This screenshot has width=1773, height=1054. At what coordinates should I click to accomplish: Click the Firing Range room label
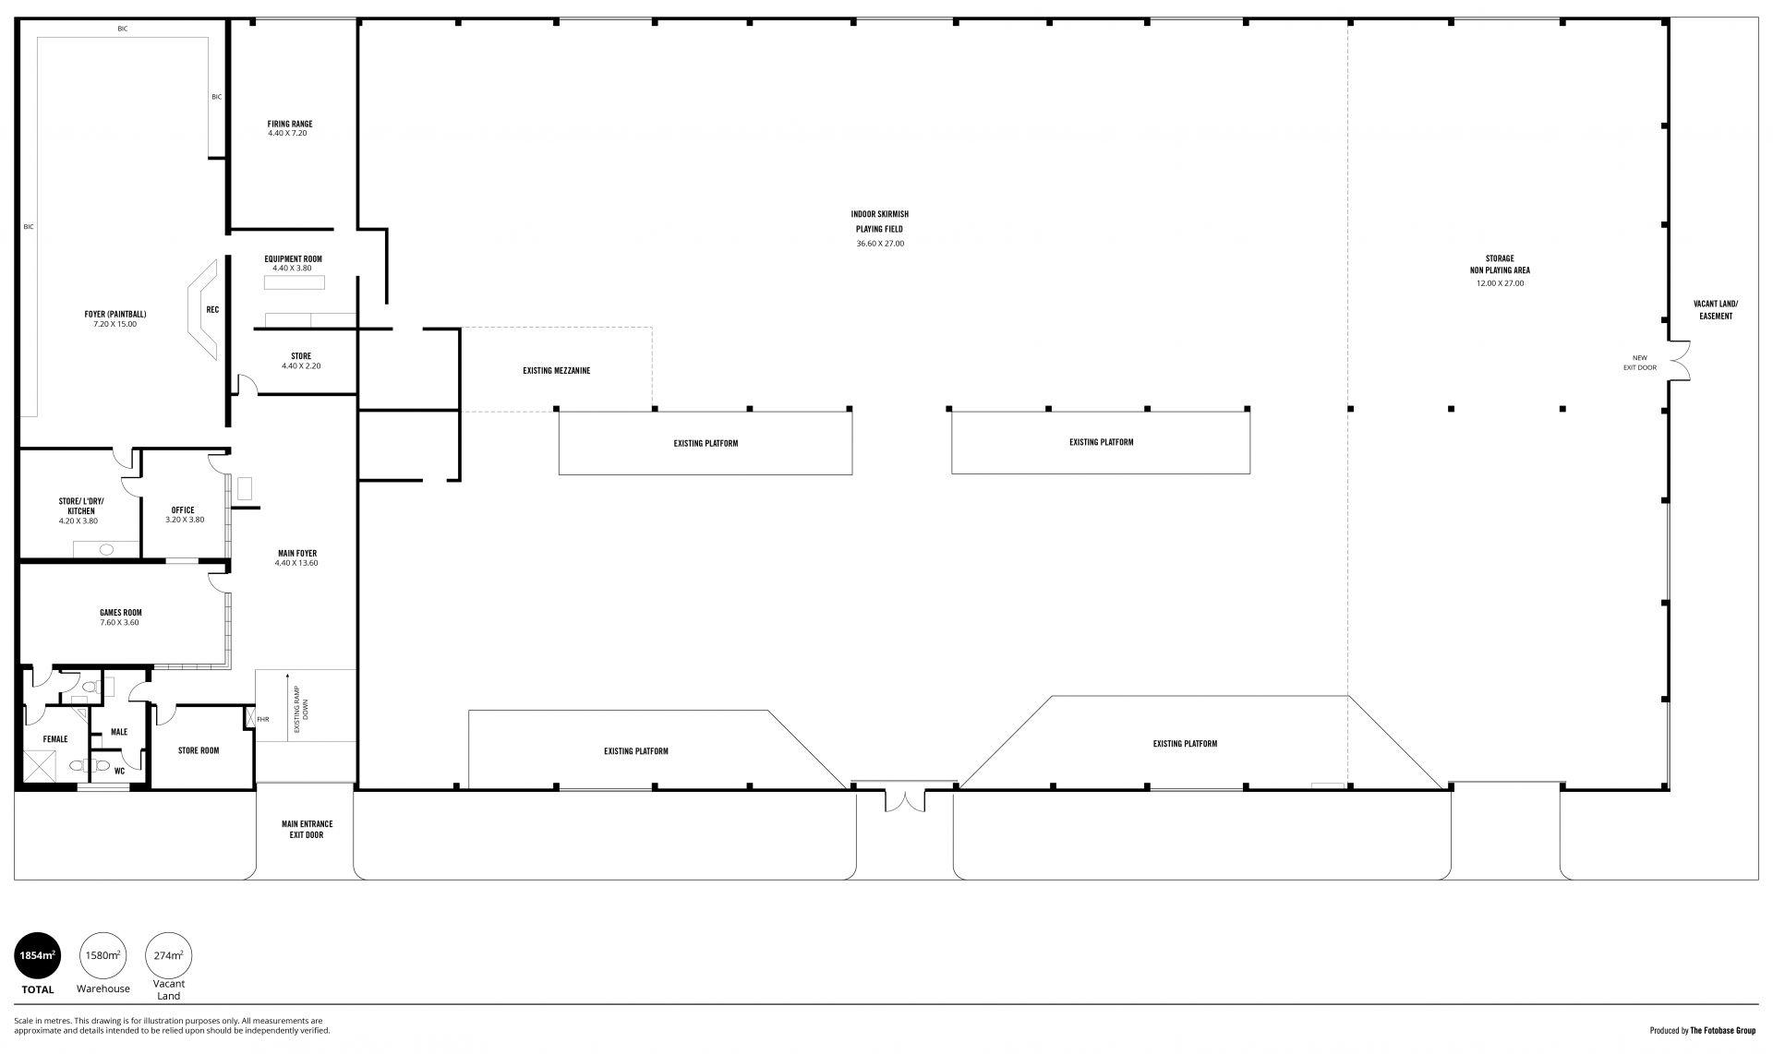(x=290, y=124)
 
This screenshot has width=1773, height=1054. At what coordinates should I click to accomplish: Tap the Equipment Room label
(x=293, y=259)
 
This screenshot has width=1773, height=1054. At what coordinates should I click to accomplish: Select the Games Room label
(x=120, y=613)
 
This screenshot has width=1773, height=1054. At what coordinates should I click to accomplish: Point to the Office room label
(x=183, y=510)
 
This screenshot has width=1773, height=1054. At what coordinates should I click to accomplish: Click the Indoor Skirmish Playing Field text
(x=880, y=222)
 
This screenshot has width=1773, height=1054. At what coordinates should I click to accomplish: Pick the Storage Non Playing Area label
(x=1500, y=265)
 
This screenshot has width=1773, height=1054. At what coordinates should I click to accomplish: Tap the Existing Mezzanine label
(x=556, y=371)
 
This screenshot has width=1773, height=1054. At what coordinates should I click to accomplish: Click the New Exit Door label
(x=1640, y=363)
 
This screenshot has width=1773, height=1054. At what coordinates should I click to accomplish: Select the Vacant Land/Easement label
(x=1716, y=310)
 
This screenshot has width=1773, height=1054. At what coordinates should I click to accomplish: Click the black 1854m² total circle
(x=38, y=955)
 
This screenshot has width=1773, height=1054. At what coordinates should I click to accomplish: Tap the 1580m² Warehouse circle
(x=103, y=955)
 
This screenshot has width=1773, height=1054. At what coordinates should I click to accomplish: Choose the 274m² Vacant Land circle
(x=168, y=955)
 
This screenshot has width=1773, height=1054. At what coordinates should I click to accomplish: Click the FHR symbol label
(x=263, y=719)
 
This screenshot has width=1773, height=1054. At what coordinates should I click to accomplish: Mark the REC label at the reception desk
(x=212, y=310)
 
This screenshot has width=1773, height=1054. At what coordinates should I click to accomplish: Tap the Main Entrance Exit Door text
(x=307, y=830)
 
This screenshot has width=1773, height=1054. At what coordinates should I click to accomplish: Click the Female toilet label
(x=55, y=739)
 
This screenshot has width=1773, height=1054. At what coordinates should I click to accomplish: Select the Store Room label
(x=199, y=750)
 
